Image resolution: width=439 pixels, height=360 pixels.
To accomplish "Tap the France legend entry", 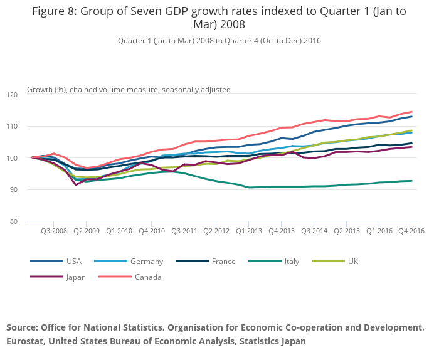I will coord(219,261).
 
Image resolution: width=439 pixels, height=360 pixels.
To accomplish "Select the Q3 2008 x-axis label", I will coord(53,231).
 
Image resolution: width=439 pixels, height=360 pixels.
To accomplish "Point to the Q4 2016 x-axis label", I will coord(411,231).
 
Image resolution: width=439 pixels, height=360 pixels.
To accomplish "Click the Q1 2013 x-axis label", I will coord(249,231).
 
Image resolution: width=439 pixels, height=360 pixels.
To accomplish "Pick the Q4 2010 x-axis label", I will coord(151,231).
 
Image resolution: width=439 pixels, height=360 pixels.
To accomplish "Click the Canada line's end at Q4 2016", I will coord(412,112).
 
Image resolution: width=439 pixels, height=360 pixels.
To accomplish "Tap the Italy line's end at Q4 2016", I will coord(412,181).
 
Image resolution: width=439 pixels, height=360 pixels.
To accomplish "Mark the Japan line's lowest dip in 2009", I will coord(76,184).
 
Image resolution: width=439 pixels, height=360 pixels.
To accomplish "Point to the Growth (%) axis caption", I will coord(47,90).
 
